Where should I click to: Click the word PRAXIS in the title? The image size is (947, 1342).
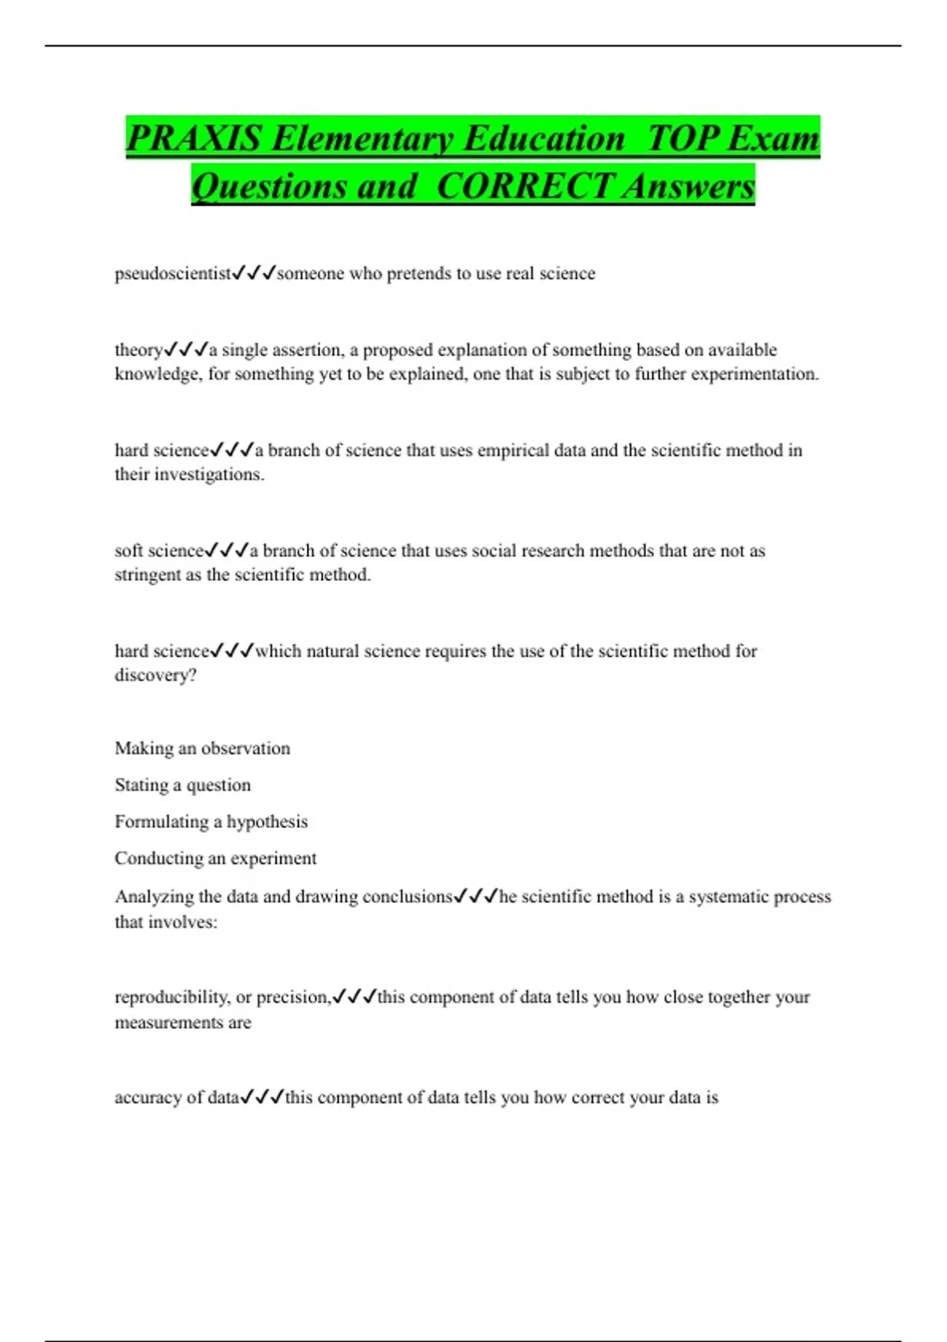pos(194,139)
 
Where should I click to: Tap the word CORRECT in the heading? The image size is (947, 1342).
pos(524,187)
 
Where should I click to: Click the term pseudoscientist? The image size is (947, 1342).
pos(173,274)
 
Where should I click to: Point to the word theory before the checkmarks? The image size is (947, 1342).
pos(138,350)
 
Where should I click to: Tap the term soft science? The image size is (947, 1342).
pos(159,551)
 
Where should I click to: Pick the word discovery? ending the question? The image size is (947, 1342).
pos(155,676)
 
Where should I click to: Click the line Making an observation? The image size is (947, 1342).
pos(202,748)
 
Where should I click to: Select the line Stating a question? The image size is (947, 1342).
pos(182,785)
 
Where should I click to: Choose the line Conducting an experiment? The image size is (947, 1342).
pos(215,859)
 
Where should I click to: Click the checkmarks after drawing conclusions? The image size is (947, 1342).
pos(476,897)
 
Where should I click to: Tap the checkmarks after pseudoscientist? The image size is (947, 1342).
pos(254,274)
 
